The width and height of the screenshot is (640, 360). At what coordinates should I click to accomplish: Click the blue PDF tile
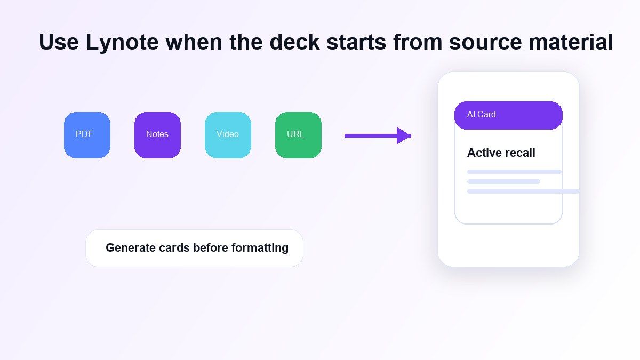[x=87, y=135]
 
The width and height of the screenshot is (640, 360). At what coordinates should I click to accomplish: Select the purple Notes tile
[x=157, y=135]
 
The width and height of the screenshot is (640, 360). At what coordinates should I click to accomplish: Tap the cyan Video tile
[x=228, y=135]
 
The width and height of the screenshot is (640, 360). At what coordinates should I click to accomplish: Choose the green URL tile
[x=298, y=135]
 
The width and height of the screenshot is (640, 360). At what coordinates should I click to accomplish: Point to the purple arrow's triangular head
[x=403, y=135]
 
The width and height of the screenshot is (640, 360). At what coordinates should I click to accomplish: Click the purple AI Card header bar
[x=508, y=115]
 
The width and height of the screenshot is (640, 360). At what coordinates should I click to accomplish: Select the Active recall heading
[x=501, y=153]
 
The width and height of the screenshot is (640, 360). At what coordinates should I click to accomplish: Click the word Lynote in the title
[x=122, y=43]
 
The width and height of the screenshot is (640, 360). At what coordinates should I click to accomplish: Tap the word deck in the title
[x=294, y=42]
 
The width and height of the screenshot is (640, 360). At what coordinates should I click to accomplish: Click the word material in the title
[x=571, y=42]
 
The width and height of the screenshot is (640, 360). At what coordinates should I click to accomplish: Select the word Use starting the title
[x=59, y=42]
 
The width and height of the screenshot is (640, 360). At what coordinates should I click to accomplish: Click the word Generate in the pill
[x=131, y=247]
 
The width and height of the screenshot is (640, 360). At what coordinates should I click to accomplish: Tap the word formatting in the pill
[x=260, y=248]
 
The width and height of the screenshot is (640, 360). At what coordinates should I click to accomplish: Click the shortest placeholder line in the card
[x=503, y=182]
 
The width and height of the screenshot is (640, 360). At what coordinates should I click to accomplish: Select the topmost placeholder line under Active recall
[x=514, y=172]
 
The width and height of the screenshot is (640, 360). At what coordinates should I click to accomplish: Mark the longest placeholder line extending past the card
[x=523, y=191]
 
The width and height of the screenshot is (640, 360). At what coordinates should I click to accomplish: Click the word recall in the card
[x=519, y=153]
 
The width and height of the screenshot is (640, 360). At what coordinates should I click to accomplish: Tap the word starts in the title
[x=356, y=43]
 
